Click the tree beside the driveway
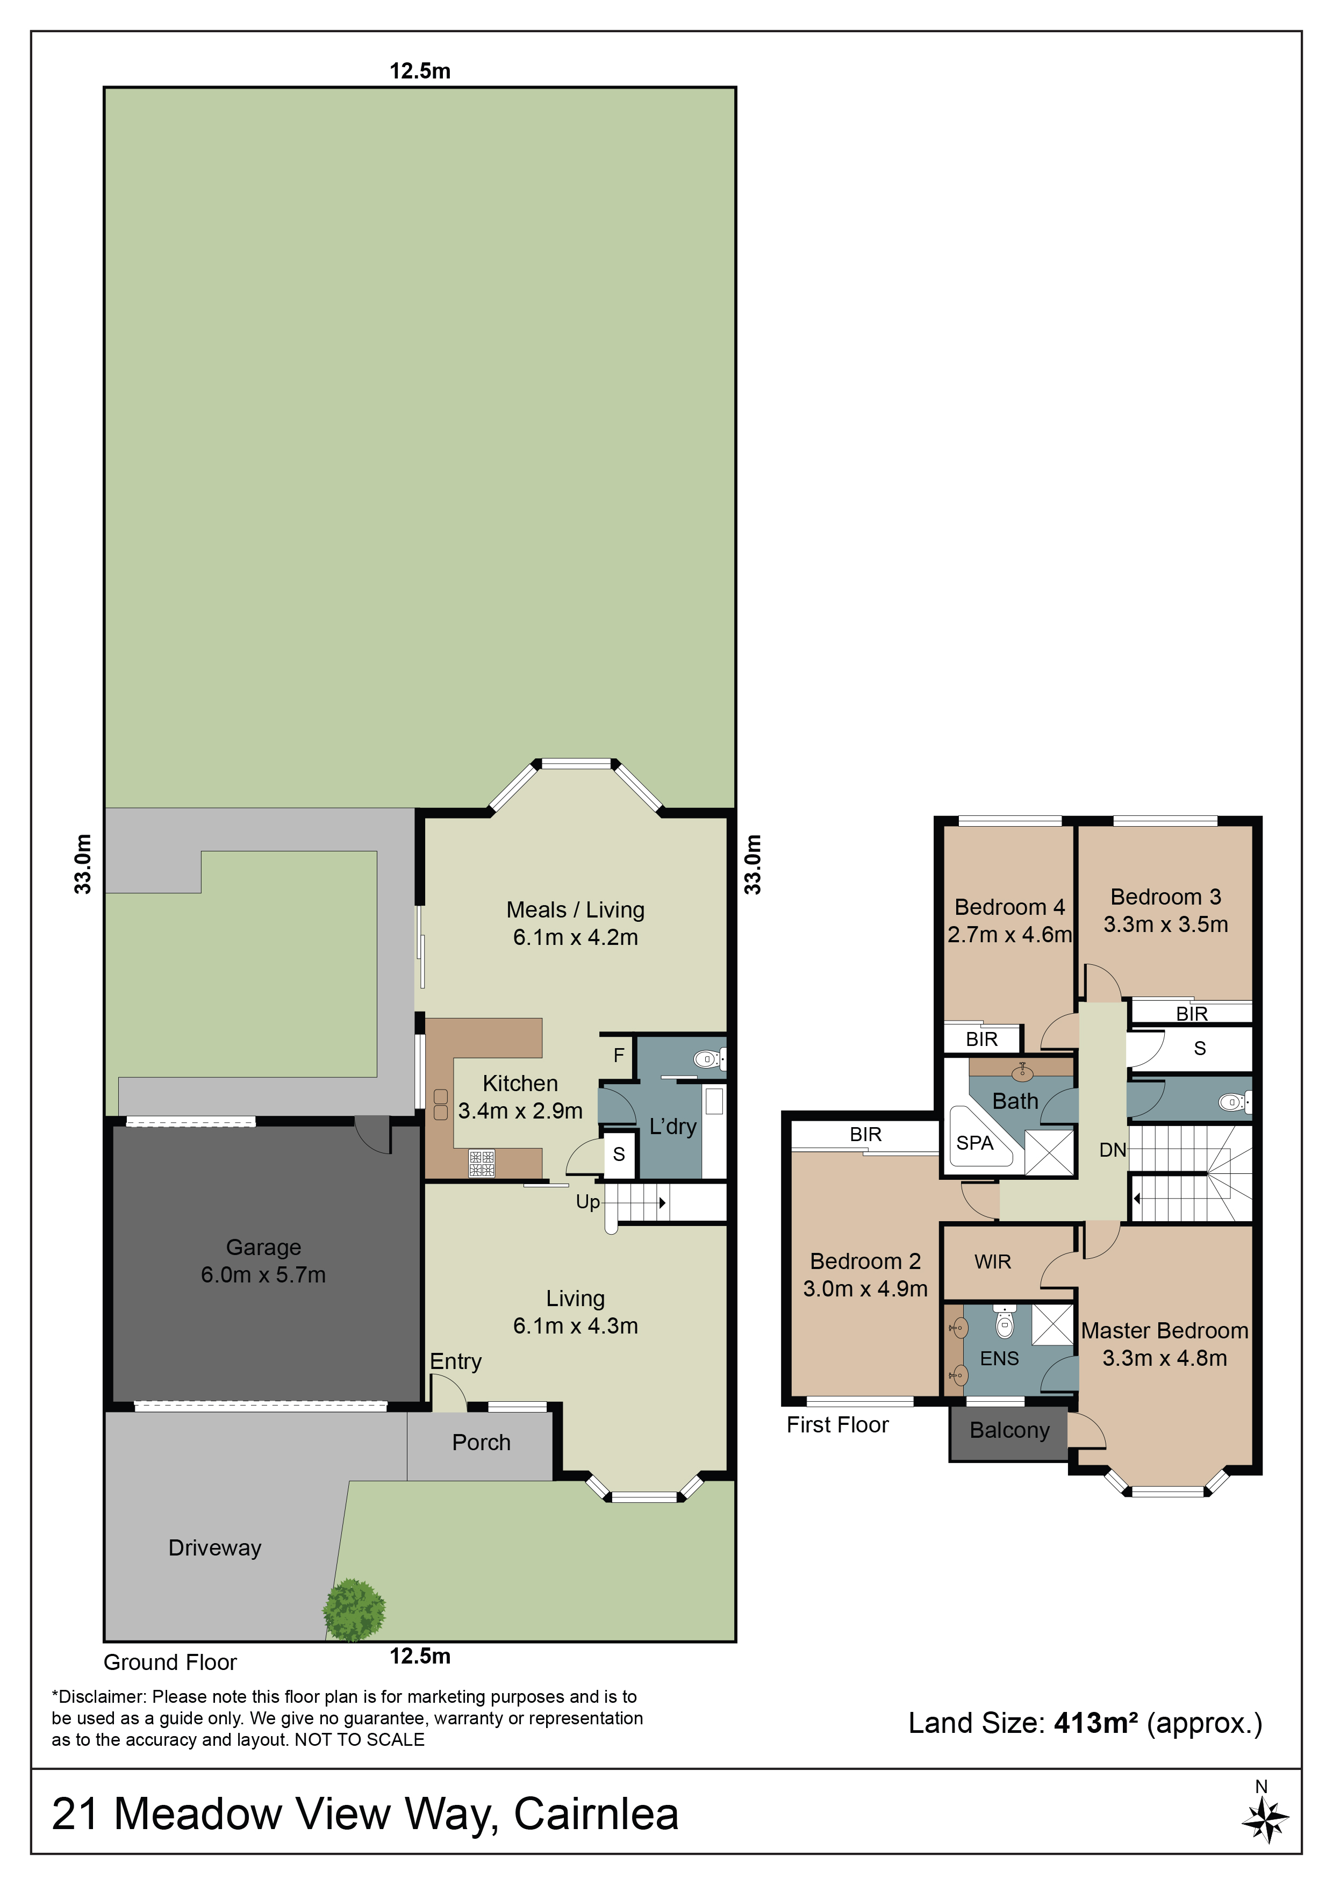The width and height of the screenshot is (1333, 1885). [354, 1609]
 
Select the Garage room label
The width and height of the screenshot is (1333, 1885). [263, 1247]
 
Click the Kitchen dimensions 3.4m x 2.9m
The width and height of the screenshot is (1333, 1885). [520, 1111]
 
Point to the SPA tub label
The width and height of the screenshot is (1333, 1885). [974, 1143]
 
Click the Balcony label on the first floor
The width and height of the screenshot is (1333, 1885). [1009, 1430]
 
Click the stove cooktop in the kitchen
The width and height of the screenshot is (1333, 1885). [482, 1163]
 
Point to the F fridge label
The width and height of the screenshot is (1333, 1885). [619, 1055]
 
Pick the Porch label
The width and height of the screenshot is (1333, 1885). [481, 1443]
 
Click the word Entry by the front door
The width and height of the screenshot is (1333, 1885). [456, 1361]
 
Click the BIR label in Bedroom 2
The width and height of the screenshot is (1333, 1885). [865, 1135]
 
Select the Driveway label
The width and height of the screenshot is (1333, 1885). [215, 1549]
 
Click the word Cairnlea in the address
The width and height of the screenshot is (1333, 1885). [597, 1815]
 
